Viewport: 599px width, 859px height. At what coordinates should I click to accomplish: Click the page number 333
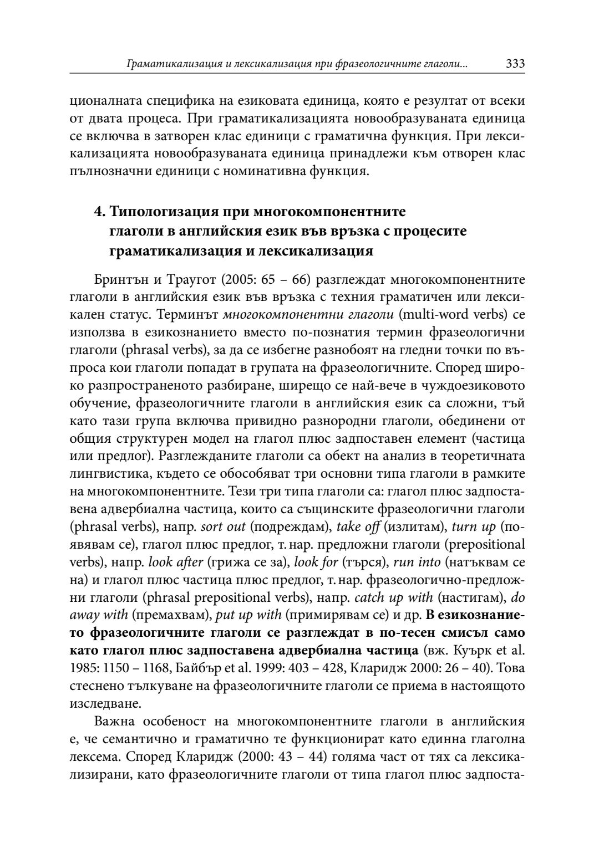[515, 64]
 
